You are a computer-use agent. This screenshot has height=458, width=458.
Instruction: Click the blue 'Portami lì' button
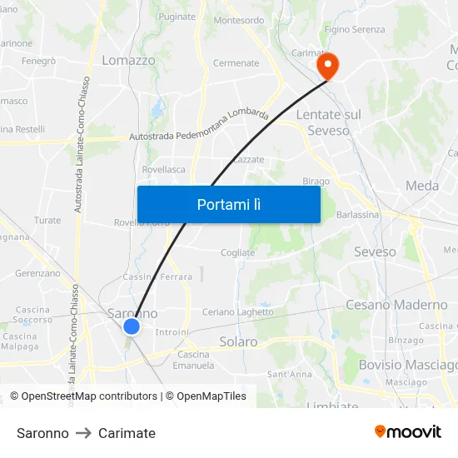click(228, 204)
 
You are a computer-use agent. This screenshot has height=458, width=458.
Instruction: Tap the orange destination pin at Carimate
click(326, 66)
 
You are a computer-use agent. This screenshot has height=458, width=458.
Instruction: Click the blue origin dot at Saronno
click(132, 326)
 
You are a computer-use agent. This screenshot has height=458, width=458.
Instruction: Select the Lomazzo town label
click(128, 60)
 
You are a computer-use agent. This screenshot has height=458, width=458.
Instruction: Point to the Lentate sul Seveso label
click(329, 122)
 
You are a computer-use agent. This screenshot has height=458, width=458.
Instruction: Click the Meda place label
click(422, 186)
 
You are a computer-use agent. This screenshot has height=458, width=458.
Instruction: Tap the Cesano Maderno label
click(396, 305)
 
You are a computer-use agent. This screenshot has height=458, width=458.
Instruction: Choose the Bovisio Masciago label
click(407, 365)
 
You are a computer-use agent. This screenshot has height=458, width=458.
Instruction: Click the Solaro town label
click(238, 341)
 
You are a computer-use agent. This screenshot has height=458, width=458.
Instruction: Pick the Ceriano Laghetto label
click(237, 312)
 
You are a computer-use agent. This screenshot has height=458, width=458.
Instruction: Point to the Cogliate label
click(238, 253)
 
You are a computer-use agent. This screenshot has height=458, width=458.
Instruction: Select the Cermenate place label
click(236, 63)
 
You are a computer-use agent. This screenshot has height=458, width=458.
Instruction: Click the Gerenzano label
click(37, 273)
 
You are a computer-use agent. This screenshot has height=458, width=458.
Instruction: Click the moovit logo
click(408, 432)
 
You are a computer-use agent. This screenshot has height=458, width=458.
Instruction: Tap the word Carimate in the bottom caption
click(127, 433)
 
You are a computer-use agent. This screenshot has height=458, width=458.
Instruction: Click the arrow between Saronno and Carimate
click(83, 433)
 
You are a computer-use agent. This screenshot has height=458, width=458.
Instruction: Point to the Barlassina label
click(357, 214)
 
